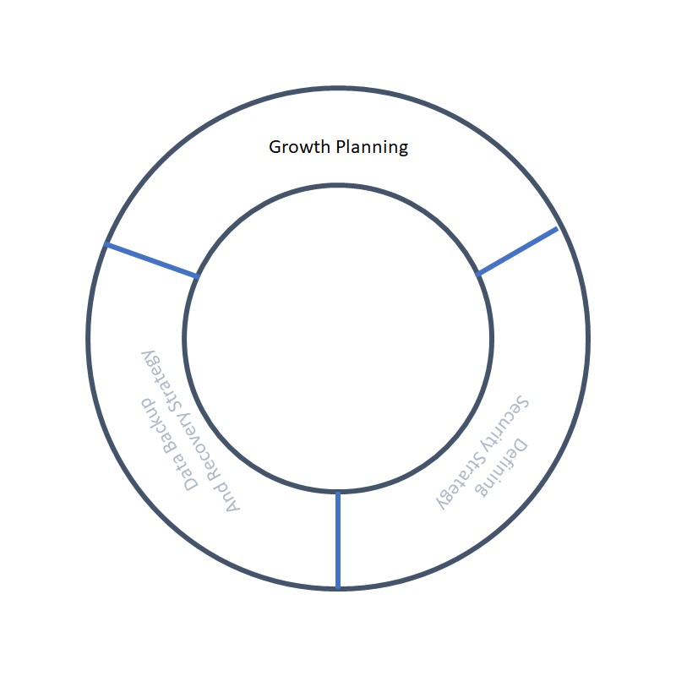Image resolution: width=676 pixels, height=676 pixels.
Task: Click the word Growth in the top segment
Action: tap(299, 147)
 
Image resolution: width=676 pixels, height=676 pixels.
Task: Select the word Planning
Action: tap(372, 148)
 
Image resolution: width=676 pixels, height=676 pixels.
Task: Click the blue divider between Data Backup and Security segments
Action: tap(338, 540)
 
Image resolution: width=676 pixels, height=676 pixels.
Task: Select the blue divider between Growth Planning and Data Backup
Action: tap(152, 260)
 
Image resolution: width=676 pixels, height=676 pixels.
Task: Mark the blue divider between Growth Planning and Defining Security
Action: tap(517, 251)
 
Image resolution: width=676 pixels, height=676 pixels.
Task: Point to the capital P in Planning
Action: tap(341, 147)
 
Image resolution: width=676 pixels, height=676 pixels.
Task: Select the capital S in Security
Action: tap(521, 402)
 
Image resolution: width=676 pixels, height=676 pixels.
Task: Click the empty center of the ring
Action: tap(338, 338)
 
